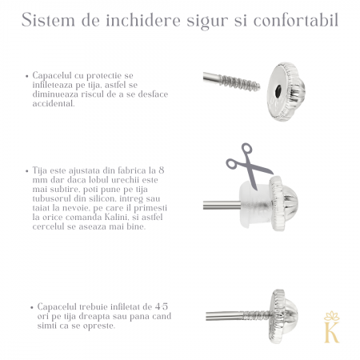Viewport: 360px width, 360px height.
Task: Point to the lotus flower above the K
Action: tap(330, 317)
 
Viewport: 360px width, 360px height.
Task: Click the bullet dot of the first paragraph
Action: tap(26, 74)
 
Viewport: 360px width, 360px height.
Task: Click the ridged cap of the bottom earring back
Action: tap(283, 315)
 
